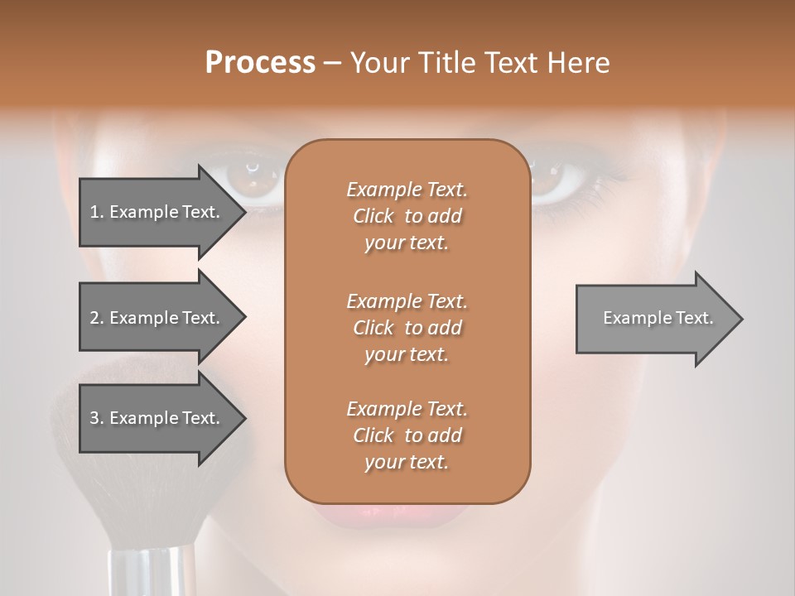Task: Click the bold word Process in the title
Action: tap(260, 63)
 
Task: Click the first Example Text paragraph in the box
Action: tap(407, 216)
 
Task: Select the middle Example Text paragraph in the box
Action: tap(407, 327)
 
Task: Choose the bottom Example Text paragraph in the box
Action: tap(407, 435)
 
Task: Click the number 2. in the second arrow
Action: tap(97, 318)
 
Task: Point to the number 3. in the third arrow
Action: tap(97, 418)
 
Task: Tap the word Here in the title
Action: tap(579, 63)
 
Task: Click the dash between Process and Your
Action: tap(332, 64)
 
